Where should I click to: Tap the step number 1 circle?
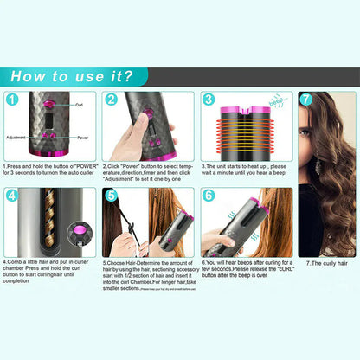coord(12,100)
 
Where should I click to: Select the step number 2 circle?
coord(111,100)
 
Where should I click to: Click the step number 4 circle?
coord(12,196)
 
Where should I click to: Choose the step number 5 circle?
coord(111,196)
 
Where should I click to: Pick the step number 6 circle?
coord(209,196)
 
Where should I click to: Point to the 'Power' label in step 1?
coord(83,136)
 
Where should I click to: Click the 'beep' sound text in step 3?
coord(280,101)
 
